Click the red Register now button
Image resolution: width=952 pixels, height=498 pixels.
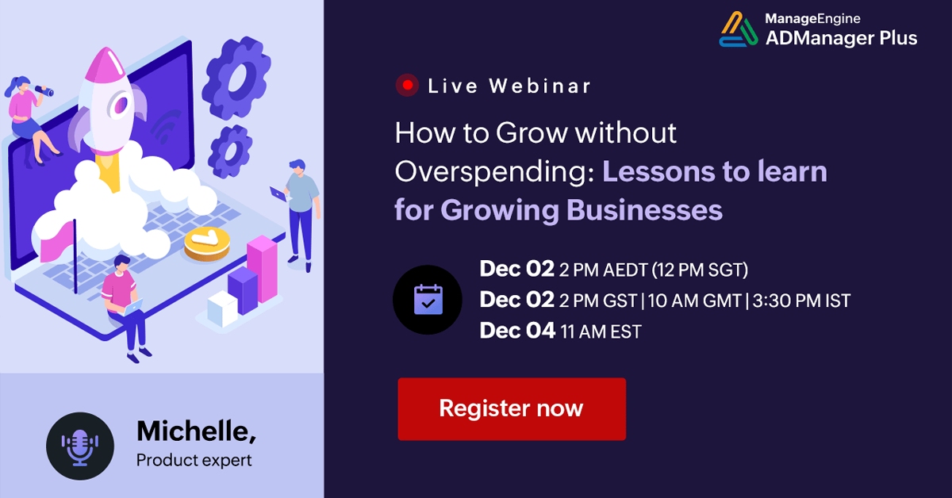coord(512,409)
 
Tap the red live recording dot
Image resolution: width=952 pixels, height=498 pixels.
coord(408,86)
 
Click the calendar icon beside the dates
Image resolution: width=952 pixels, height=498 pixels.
coord(428,300)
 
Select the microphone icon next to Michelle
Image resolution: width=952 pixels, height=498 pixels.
coord(80,446)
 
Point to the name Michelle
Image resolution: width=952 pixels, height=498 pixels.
coord(196,431)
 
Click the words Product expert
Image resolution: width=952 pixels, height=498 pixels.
coord(194,460)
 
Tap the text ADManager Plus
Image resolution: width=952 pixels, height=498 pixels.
coord(841,37)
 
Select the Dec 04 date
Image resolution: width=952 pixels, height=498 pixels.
coord(517,331)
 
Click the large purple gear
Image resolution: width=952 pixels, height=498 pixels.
coord(236,77)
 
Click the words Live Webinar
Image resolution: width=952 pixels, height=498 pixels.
coord(509,86)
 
